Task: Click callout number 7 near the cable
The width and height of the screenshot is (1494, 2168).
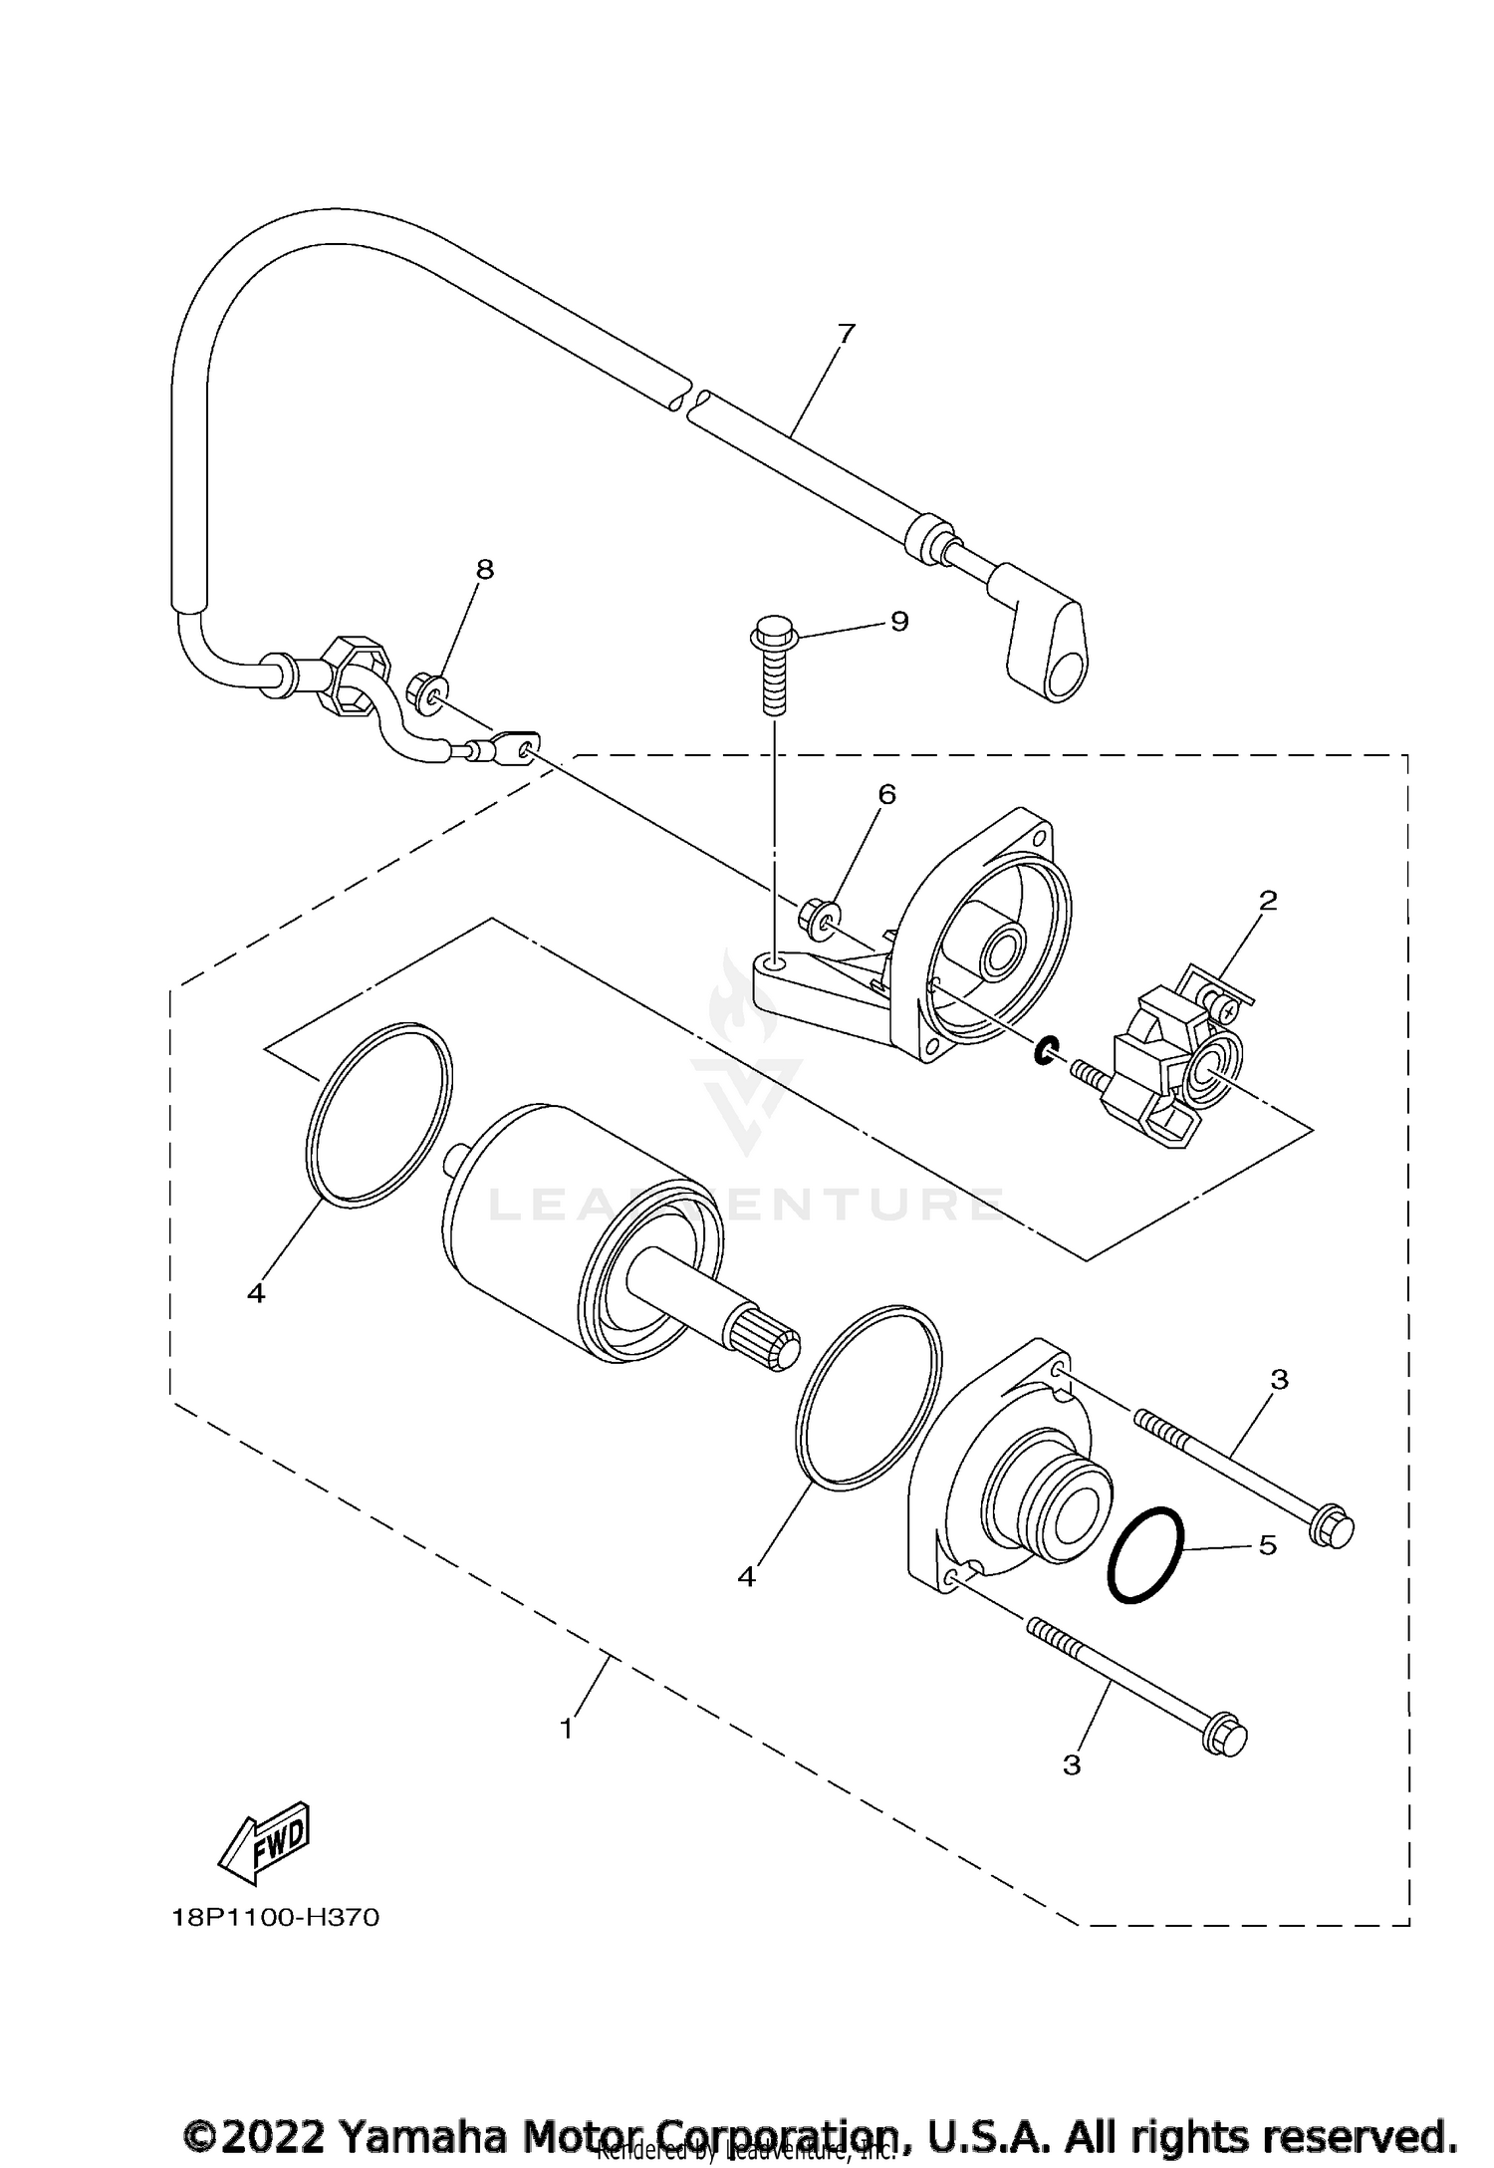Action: click(x=846, y=334)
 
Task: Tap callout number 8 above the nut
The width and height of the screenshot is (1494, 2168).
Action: click(x=484, y=569)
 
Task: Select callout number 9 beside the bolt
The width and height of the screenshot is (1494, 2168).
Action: click(x=898, y=622)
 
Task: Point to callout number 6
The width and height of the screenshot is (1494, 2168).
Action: click(x=885, y=794)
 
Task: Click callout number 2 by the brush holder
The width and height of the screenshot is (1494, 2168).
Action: click(x=1267, y=900)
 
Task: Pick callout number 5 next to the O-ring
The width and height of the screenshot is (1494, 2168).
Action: click(x=1266, y=1544)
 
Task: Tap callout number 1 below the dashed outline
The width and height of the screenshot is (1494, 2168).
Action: click(x=567, y=1729)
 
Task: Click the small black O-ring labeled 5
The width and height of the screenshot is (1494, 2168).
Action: click(x=1145, y=1555)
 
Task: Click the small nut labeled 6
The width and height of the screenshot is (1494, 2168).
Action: click(x=814, y=913)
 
